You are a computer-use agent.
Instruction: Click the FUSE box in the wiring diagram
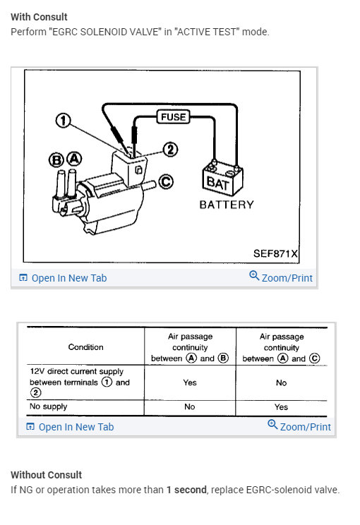click(173, 117)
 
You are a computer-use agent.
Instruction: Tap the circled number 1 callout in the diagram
click(63, 121)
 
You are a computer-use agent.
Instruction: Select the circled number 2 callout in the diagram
click(170, 150)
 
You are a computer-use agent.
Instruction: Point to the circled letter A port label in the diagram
click(74, 159)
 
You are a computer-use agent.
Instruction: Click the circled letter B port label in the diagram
click(56, 160)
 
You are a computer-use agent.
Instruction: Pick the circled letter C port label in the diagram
click(165, 182)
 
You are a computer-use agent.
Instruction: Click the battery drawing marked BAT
click(222, 177)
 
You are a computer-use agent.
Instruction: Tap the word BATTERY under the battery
click(227, 205)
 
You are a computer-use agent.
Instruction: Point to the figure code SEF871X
click(275, 253)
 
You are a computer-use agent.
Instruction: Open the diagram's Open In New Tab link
click(63, 278)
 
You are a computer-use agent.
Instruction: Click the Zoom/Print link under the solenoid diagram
click(281, 277)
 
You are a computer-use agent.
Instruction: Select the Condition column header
click(85, 347)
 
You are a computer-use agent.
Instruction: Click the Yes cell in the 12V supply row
click(190, 382)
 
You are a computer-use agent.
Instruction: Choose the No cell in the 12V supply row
click(282, 382)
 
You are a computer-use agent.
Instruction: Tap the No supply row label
click(49, 406)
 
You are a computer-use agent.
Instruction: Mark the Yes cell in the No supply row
click(282, 407)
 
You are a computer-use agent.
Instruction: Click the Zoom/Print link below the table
click(299, 426)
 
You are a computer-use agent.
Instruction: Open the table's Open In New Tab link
click(70, 427)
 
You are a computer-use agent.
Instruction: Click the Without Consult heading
click(46, 475)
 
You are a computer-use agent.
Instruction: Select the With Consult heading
click(39, 17)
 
